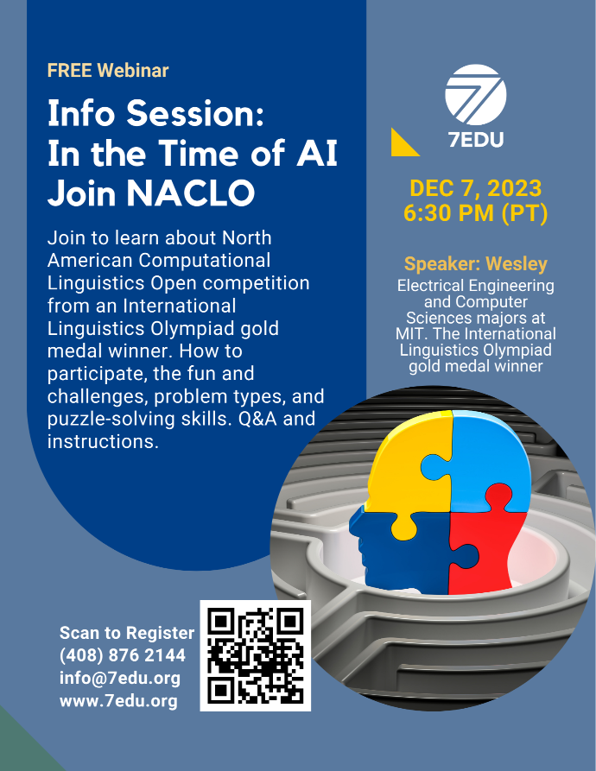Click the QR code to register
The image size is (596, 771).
[x=255, y=655]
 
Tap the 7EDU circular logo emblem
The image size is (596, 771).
[x=476, y=95]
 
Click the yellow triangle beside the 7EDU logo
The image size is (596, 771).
[x=403, y=144]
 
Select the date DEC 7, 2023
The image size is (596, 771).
[x=476, y=188]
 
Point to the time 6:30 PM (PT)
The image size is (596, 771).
[x=476, y=213]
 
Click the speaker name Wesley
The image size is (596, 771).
[x=517, y=264]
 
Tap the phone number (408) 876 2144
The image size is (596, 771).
[x=123, y=655]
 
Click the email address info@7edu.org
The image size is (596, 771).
[x=120, y=678]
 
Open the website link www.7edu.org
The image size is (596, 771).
[x=118, y=701]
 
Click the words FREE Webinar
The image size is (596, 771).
[x=108, y=70]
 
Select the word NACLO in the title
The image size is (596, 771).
[x=191, y=193]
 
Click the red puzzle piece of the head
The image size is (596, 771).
[x=487, y=546]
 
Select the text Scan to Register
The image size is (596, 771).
[x=127, y=633]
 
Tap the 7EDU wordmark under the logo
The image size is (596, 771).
[x=476, y=140]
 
